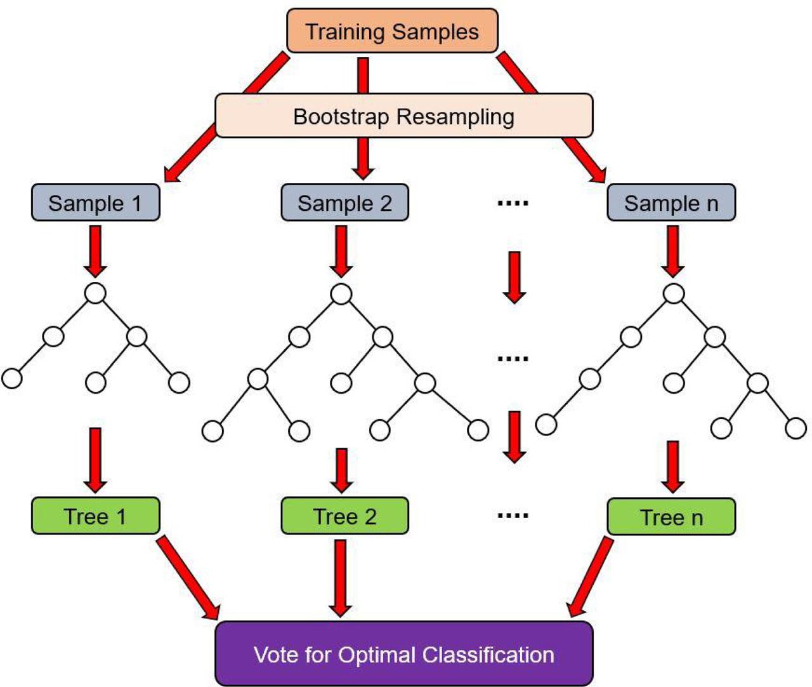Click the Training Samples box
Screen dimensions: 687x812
click(x=392, y=30)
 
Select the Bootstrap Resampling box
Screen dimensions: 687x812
click(x=404, y=116)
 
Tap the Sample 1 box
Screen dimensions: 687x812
click(x=95, y=203)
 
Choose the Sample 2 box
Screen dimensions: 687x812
click(x=344, y=203)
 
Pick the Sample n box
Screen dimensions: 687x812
click(x=671, y=203)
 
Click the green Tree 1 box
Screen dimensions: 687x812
click(x=95, y=516)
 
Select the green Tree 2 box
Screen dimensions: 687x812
click(x=344, y=516)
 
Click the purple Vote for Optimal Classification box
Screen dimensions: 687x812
click(x=404, y=654)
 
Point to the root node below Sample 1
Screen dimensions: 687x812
click(x=95, y=293)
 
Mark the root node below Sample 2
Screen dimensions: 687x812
click(x=341, y=294)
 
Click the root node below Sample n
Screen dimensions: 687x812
click(x=674, y=294)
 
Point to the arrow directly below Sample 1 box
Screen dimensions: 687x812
click(x=95, y=251)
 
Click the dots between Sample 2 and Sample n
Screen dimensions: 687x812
click(x=513, y=203)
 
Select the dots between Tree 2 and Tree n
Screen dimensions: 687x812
click(x=513, y=516)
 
